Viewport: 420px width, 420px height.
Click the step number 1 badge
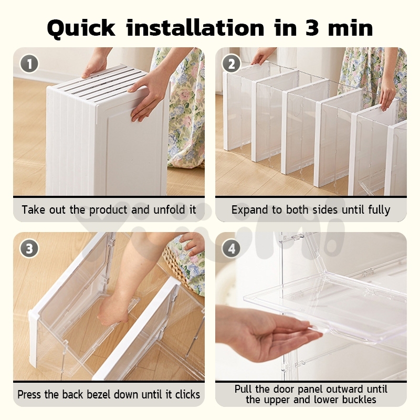tap(29, 64)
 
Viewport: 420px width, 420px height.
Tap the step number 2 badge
tap(232, 64)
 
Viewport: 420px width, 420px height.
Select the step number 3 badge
tap(29, 248)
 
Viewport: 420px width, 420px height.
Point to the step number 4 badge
tap(232, 248)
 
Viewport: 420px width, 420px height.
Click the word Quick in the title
tap(81, 29)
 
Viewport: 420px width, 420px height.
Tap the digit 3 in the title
tap(312, 28)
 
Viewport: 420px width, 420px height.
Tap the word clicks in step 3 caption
tap(187, 395)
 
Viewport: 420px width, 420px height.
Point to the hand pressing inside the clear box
tap(114, 308)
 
